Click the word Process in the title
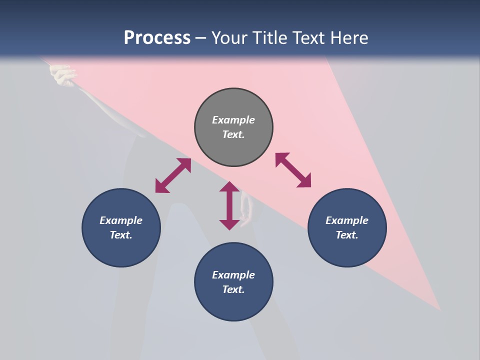[157, 37]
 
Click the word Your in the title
[230, 37]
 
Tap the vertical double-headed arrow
[229, 205]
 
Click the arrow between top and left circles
[173, 175]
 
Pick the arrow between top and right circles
[293, 170]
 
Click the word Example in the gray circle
[233, 120]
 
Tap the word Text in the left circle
[121, 235]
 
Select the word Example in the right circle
[347, 220]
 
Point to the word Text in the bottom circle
[233, 289]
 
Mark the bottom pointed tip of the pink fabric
[439, 308]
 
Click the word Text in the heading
[309, 37]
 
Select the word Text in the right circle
[347, 235]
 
